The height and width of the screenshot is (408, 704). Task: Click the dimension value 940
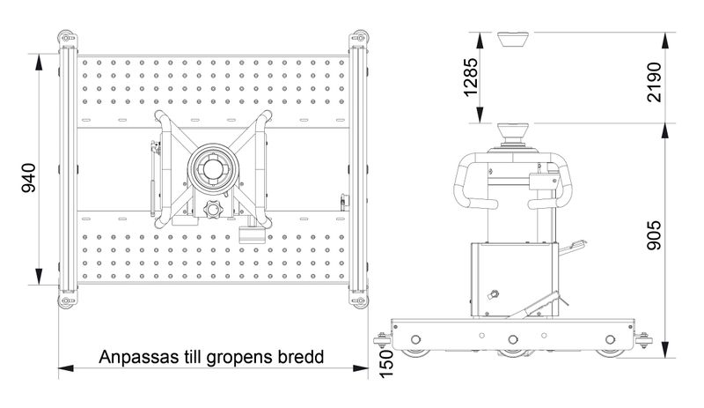tap(29, 178)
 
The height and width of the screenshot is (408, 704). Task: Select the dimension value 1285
tap(471, 77)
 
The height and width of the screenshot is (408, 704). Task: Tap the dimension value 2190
tap(654, 82)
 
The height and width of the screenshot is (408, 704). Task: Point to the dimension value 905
tap(654, 234)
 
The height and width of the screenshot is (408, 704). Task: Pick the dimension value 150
tap(385, 364)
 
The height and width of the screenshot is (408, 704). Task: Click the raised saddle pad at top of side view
tap(513, 39)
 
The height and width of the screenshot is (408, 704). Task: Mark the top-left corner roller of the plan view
tap(68, 39)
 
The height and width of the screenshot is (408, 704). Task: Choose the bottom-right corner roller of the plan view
tap(359, 300)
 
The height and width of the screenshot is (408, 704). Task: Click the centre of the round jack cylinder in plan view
tap(213, 168)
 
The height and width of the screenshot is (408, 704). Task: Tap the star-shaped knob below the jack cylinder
tap(212, 210)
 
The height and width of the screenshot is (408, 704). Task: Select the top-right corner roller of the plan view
tap(359, 39)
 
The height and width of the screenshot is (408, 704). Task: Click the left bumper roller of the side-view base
tap(382, 340)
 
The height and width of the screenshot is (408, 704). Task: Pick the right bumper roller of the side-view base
tap(644, 340)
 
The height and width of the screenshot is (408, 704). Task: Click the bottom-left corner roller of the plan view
tap(68, 300)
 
